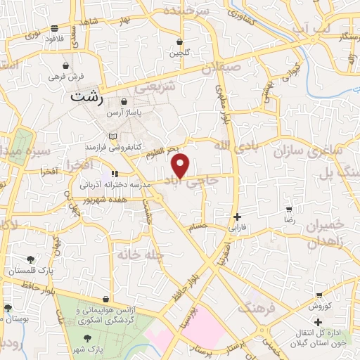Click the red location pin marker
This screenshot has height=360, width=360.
tap(181, 165)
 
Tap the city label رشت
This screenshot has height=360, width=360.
tap(87, 99)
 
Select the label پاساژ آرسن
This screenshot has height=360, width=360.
tap(124, 112)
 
